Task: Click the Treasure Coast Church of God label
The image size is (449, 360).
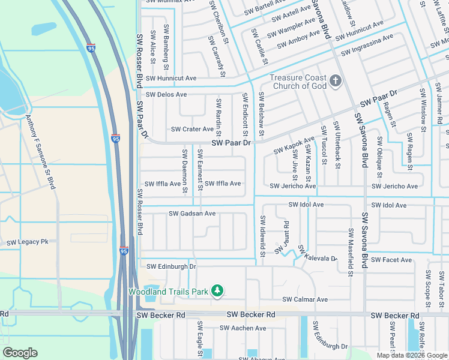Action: (x=298, y=82)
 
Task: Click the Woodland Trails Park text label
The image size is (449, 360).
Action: (x=168, y=292)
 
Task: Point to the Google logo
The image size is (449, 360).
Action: (x=20, y=353)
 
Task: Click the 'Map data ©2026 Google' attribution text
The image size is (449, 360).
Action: (x=412, y=355)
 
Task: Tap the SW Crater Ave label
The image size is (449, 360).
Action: (x=192, y=129)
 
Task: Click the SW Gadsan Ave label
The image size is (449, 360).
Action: (x=192, y=214)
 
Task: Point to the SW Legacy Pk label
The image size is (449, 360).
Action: (x=27, y=242)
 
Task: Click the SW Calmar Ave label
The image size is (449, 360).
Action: (x=305, y=299)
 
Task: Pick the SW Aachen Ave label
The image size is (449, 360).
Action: (x=243, y=328)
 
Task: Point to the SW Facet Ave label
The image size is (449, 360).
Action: (x=391, y=260)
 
